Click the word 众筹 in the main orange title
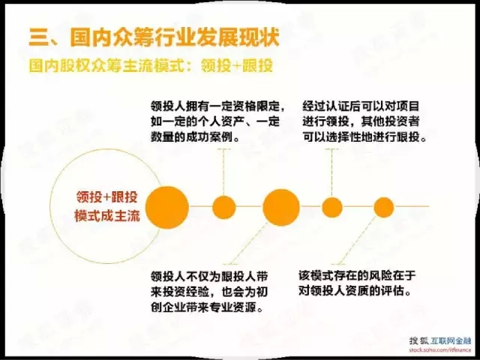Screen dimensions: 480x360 (x=132, y=37)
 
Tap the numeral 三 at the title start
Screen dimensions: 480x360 (x=39, y=37)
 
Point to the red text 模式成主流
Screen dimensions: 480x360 (x=107, y=216)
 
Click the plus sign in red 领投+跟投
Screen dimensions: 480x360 (x=106, y=197)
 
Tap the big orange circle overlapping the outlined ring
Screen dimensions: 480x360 (x=166, y=207)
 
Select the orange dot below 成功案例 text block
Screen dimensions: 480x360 (x=224, y=207)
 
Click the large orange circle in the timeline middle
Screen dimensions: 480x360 (x=281, y=207)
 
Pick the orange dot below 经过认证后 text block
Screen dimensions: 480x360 (x=332, y=207)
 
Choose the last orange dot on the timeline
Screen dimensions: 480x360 (x=383, y=207)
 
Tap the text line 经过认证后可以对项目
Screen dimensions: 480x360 (x=361, y=106)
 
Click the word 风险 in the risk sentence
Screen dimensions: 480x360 (x=380, y=275)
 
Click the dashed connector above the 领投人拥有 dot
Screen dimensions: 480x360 (x=223, y=172)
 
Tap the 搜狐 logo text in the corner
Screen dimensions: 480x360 (x=419, y=340)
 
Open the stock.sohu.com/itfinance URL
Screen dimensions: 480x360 (x=440, y=349)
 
